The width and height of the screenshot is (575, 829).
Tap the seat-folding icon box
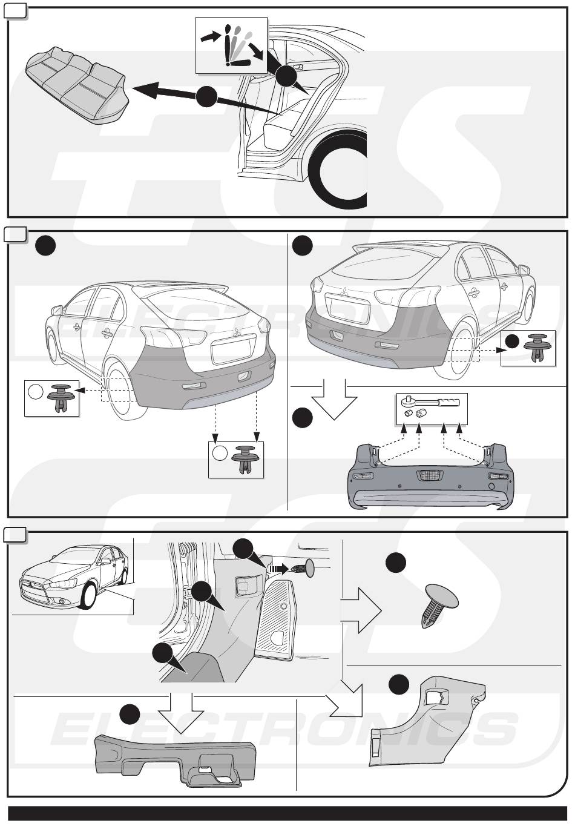click(231, 45)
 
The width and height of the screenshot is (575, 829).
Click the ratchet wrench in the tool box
click(431, 401)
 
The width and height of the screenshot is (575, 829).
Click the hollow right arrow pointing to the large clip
click(361, 610)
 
